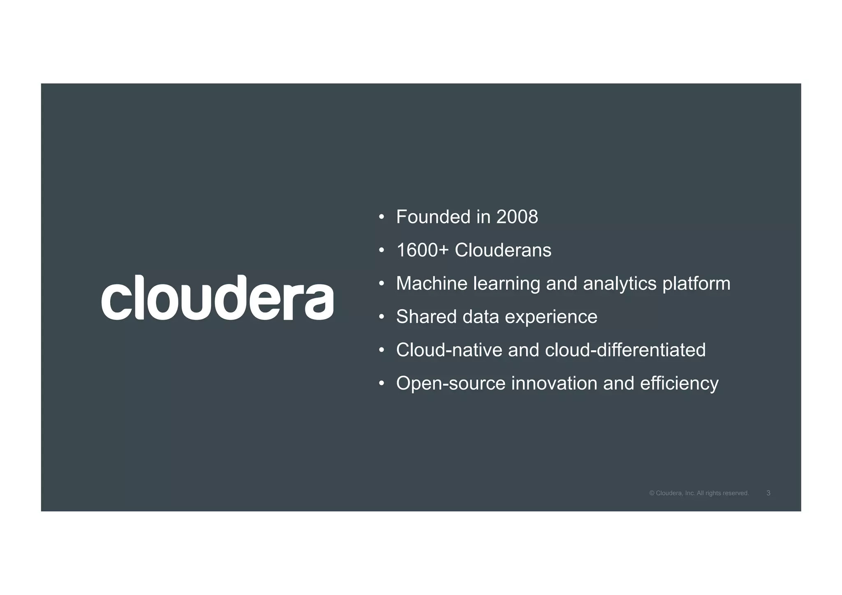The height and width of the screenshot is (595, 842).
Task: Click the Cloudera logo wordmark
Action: point(217,298)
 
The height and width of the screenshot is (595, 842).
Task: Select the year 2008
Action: point(517,217)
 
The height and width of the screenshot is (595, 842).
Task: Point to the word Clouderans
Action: point(503,250)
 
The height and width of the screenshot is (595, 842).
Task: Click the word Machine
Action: point(432,284)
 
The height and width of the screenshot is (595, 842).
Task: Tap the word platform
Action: point(696,284)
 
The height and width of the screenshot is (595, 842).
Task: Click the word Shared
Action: point(426,317)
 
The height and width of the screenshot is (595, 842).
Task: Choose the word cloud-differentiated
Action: point(625,350)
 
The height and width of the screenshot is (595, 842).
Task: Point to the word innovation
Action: point(554,384)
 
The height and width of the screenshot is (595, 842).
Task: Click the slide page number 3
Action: point(768,493)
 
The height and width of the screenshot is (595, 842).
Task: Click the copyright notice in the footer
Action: point(699,493)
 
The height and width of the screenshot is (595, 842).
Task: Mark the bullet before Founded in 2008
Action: point(382,218)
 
